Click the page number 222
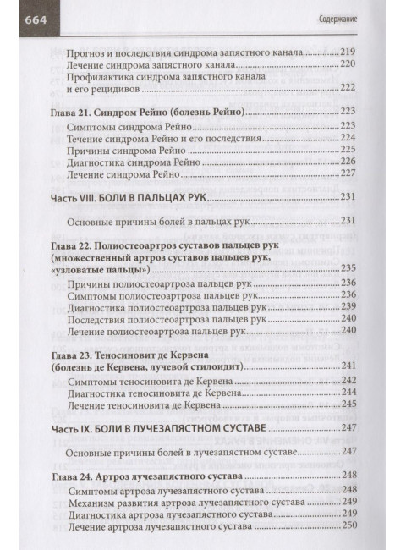pyautogui.click(x=346, y=88)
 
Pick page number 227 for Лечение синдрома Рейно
pyautogui.click(x=346, y=175)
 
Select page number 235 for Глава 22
pyautogui.click(x=346, y=270)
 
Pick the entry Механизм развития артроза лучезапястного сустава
pyautogui.click(x=190, y=502)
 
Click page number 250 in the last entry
pyautogui.click(x=346, y=527)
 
